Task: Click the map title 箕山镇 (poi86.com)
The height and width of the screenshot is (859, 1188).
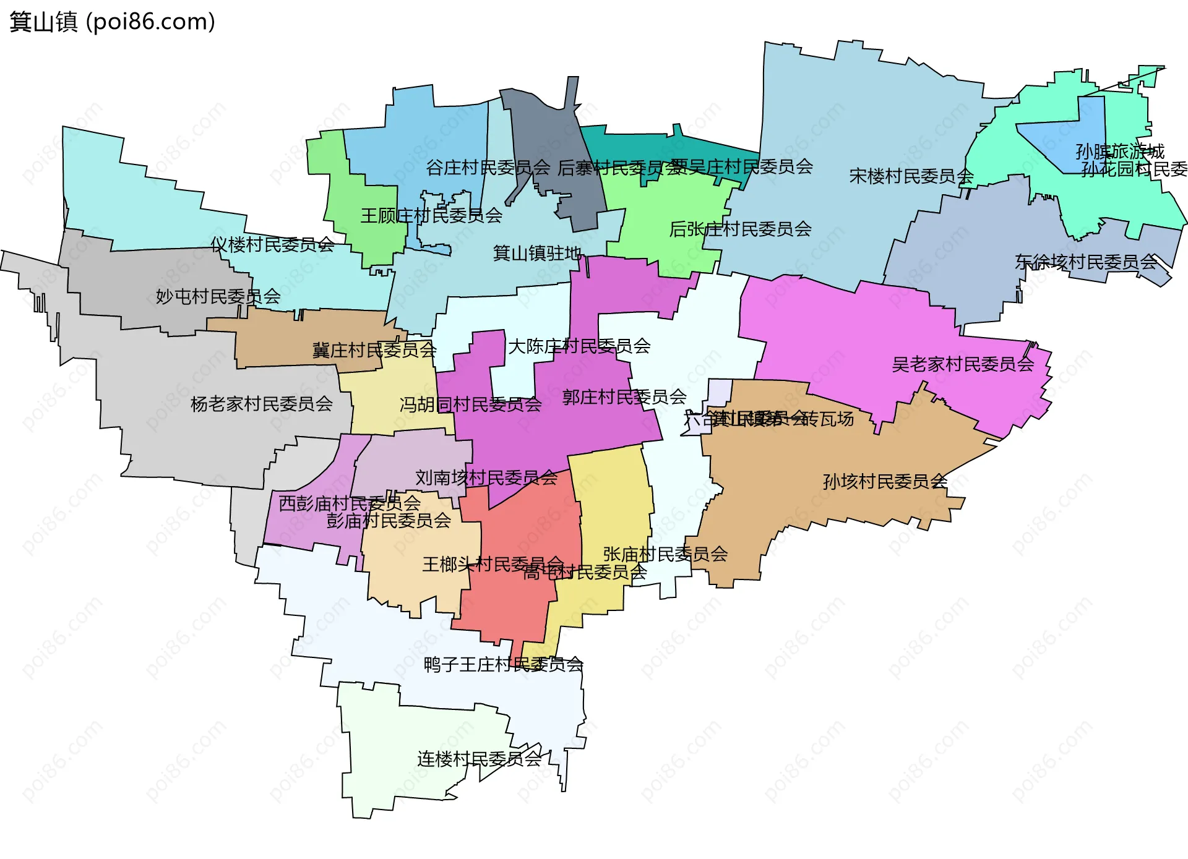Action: tap(112, 22)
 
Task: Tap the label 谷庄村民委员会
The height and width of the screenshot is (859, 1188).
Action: tap(488, 168)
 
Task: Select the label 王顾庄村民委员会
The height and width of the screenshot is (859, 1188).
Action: tap(431, 216)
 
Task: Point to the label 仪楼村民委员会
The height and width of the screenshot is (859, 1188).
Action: tap(272, 245)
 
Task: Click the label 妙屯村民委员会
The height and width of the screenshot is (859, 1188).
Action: tap(218, 297)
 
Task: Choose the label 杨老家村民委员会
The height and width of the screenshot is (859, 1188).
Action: tap(261, 404)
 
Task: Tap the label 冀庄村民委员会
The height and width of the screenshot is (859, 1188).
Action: tap(374, 351)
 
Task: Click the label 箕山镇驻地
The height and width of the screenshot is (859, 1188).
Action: tap(536, 253)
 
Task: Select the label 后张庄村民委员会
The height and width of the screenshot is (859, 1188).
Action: tap(740, 229)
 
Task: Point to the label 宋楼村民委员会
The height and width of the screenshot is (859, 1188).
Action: tap(911, 177)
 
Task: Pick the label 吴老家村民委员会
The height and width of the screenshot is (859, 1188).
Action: tap(963, 365)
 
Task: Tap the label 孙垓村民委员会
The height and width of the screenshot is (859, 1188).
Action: tap(885, 482)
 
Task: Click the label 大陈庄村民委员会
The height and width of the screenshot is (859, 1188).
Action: tap(579, 346)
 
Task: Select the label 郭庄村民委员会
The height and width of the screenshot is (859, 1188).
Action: tap(624, 397)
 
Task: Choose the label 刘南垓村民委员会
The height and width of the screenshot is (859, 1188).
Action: tap(486, 478)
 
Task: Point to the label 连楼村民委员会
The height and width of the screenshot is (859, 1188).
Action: tap(479, 759)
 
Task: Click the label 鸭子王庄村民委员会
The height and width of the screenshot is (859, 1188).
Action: tap(503, 665)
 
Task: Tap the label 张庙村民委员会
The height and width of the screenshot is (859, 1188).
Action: tap(665, 554)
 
